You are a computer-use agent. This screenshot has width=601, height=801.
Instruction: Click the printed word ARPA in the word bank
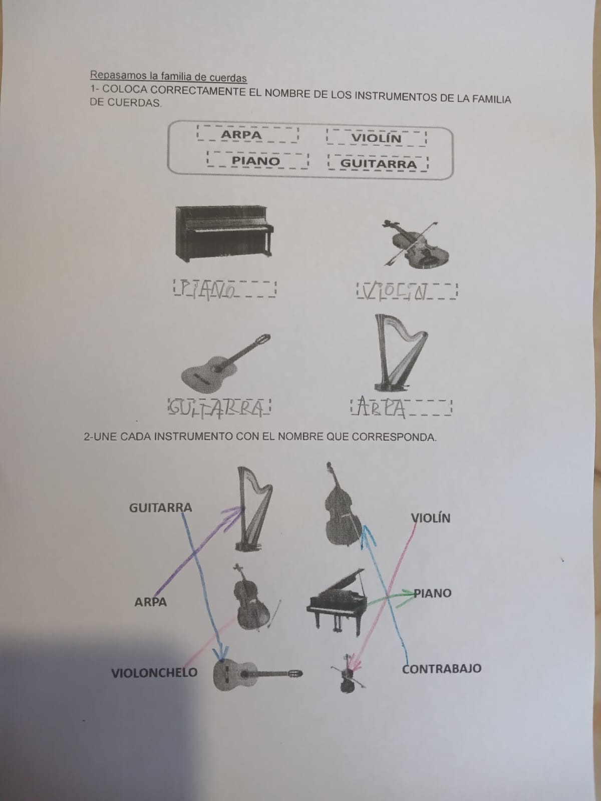[241, 135]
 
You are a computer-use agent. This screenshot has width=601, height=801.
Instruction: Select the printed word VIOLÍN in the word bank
[376, 138]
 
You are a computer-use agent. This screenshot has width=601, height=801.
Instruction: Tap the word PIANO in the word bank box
[256, 161]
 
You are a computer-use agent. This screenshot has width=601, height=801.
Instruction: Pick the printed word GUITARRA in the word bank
[379, 164]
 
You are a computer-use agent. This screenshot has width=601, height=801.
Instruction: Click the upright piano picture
[224, 233]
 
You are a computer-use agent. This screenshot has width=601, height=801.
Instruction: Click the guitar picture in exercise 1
[225, 363]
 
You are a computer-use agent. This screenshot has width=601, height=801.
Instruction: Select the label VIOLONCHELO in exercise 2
[154, 672]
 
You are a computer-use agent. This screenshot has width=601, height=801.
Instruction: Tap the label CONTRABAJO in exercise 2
[442, 669]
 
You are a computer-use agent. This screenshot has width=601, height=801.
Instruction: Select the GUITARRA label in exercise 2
[161, 508]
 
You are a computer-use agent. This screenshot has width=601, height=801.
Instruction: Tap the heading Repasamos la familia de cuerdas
[168, 77]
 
